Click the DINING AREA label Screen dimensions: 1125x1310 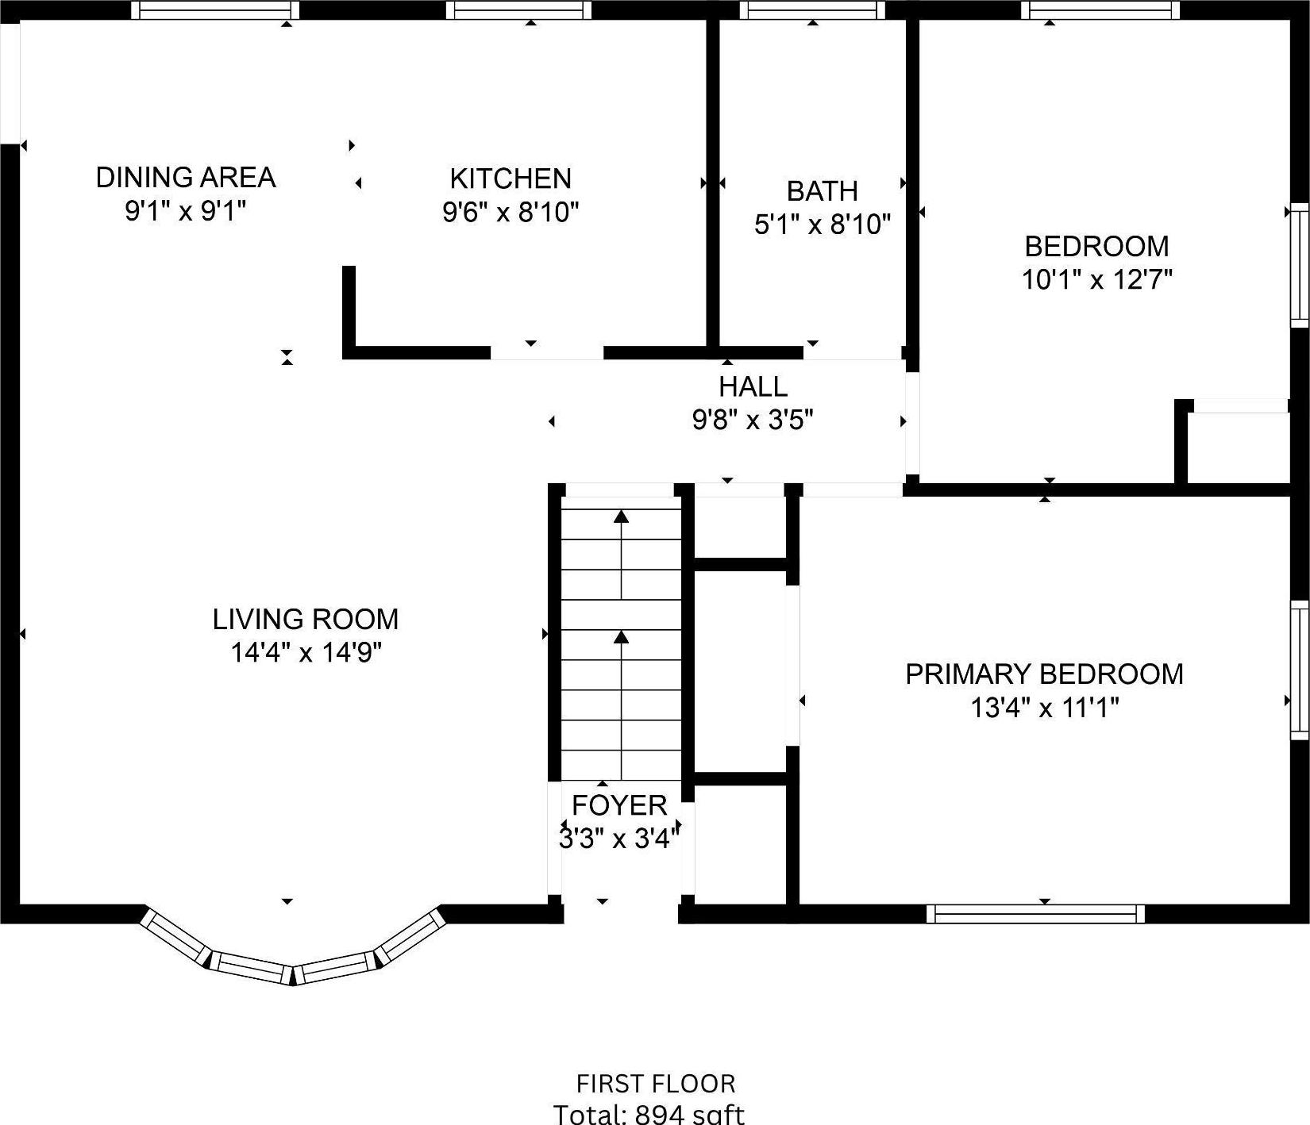tap(185, 177)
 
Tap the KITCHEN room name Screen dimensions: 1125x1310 tap(511, 179)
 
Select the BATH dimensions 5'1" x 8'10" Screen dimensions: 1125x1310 tap(822, 225)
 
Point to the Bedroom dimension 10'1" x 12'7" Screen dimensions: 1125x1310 tap(1096, 280)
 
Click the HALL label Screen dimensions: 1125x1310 tap(753, 387)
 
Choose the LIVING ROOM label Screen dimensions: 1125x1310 tap(305, 619)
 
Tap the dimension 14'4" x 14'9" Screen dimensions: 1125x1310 tap(306, 653)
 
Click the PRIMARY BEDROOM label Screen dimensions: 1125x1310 tap(1044, 674)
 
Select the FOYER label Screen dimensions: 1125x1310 tap(619, 805)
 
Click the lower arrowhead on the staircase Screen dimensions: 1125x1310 tap(621, 636)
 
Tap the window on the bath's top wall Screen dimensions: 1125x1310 tap(812, 10)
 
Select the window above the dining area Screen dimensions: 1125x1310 tap(215, 10)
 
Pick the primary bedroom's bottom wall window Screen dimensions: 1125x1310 tap(1036, 914)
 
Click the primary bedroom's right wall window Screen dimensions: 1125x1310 tap(1300, 670)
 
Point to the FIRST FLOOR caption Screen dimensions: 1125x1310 tap(656, 1084)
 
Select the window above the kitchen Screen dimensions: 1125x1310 tap(518, 10)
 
